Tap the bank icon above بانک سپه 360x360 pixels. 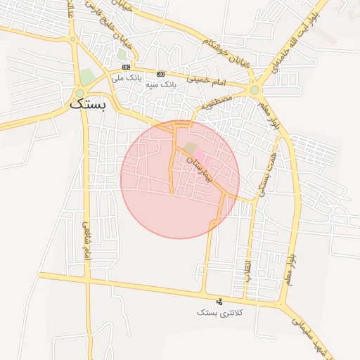click(160, 74)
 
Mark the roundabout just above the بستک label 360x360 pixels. click(79, 93)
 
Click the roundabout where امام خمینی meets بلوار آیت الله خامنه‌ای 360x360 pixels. click(254, 90)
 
